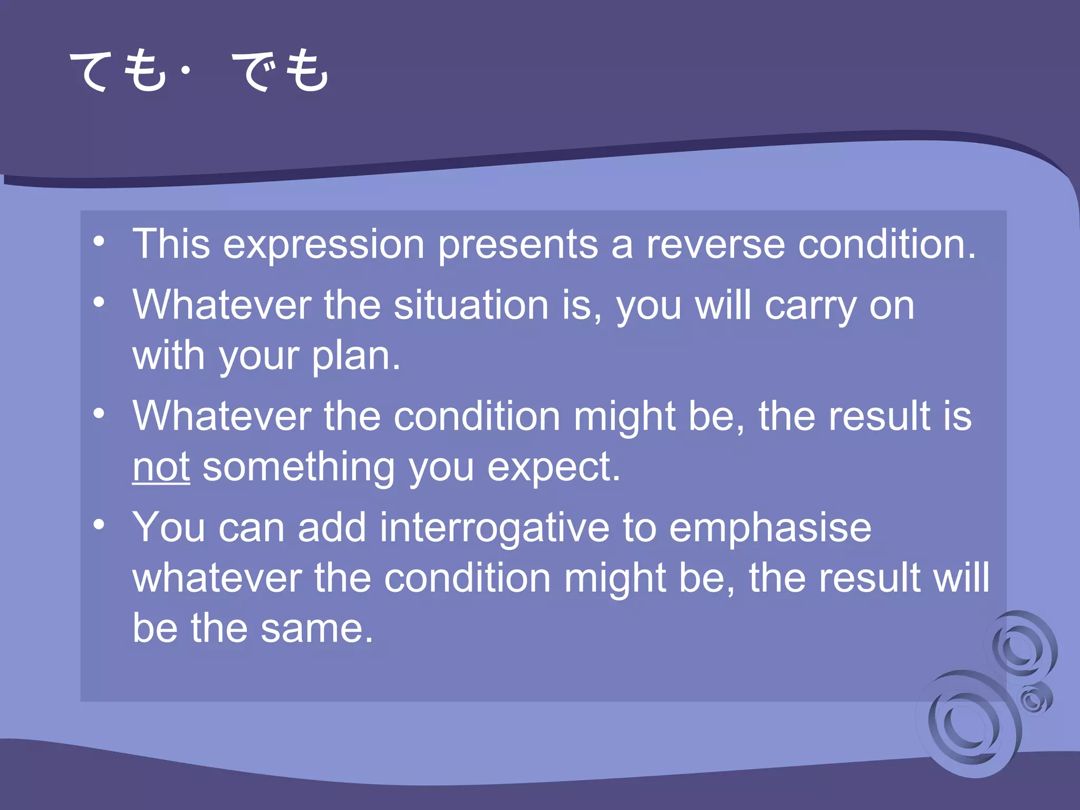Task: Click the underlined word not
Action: [161, 467]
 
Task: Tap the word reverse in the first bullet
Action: [716, 245]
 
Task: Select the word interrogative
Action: [495, 527]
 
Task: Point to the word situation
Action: [471, 306]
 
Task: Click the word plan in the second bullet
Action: [355, 356]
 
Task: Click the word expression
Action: [323, 246]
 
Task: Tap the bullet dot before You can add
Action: [99, 525]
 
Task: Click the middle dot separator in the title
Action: [185, 70]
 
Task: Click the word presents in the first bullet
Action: [518, 246]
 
